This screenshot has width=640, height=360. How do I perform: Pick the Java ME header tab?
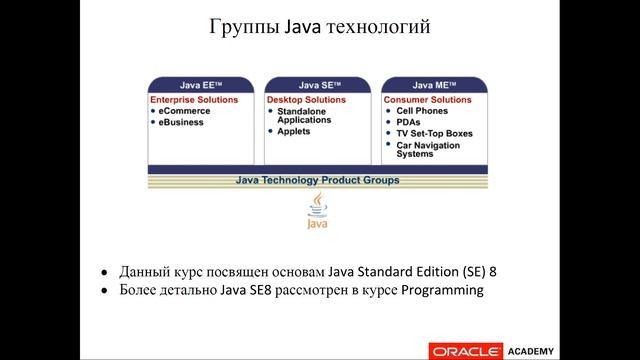pos(437,85)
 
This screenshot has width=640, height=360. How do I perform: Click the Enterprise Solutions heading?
pos(194,100)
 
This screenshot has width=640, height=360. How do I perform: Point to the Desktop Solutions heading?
pos(305,100)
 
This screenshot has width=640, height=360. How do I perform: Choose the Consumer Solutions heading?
pos(428,100)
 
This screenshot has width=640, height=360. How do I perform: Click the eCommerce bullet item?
pos(184,111)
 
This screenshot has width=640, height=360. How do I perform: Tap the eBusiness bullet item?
pos(181,122)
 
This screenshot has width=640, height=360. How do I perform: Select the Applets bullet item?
pos(293,132)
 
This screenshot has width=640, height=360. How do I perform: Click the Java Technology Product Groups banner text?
pos(317,180)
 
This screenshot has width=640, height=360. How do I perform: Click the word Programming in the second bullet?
pos(442,291)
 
